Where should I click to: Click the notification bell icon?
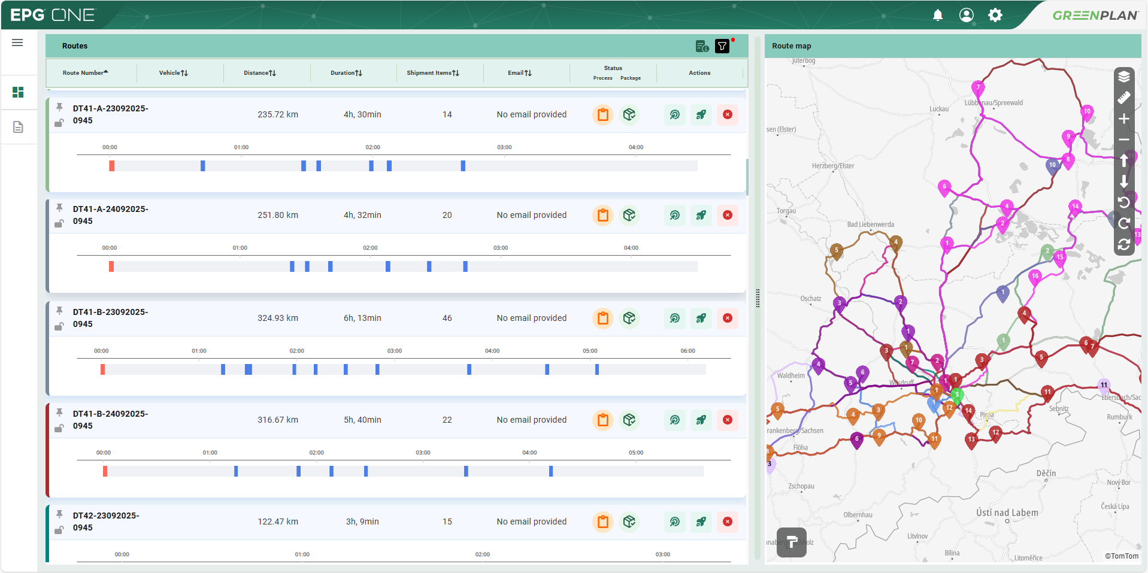[x=938, y=15]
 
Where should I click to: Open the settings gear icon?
[x=995, y=15]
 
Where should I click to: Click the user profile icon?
[x=967, y=15]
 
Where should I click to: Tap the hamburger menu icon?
[x=17, y=43]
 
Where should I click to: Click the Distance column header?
[x=259, y=73]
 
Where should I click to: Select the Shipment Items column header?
[x=432, y=73]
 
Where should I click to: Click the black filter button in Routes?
[x=722, y=46]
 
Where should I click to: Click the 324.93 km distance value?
[x=278, y=318]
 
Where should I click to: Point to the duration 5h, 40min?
[x=362, y=420]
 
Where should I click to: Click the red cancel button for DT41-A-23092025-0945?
[x=728, y=114]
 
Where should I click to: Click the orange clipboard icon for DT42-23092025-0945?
[x=603, y=522]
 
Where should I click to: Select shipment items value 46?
[x=447, y=318]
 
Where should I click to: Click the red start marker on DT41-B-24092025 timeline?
[x=105, y=471]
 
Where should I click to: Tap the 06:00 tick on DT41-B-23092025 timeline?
[x=687, y=351]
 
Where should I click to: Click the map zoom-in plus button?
[x=1124, y=119]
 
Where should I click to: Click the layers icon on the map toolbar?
[x=1124, y=77]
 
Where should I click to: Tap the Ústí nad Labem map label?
[x=1007, y=513]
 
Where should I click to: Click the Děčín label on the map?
[x=1046, y=473]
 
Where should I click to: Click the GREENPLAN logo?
[x=1095, y=16]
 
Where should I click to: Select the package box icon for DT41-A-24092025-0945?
[x=629, y=215]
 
